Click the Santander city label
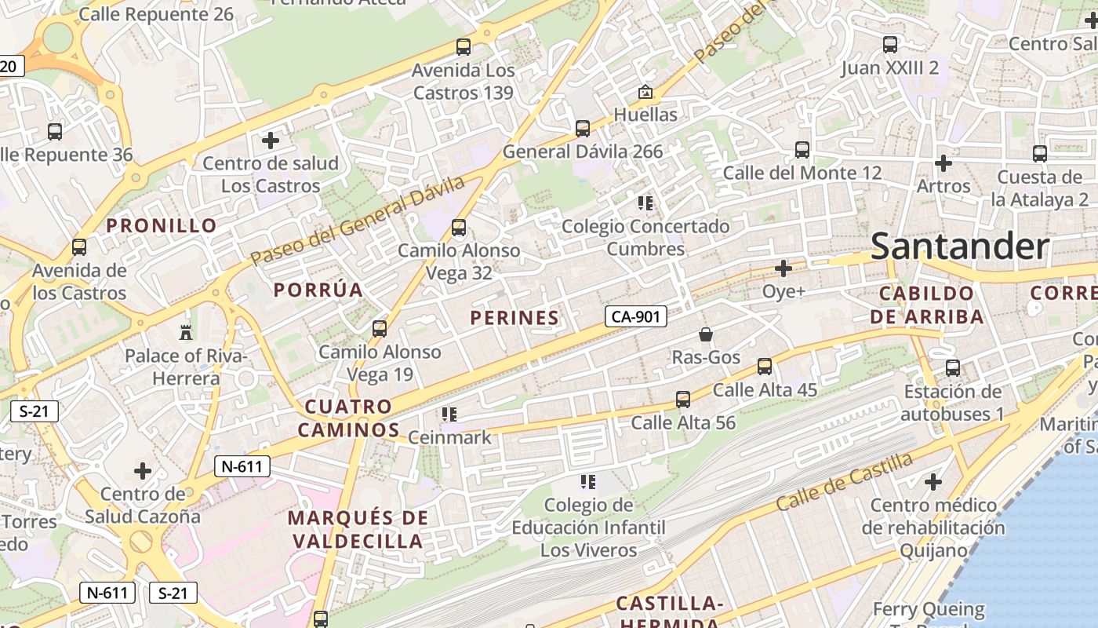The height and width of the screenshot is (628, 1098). coord(959,246)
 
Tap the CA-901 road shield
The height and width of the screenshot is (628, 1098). coord(636,316)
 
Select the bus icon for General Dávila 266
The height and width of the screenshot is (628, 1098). coord(583,128)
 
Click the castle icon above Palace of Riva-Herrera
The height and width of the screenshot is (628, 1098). coord(186,332)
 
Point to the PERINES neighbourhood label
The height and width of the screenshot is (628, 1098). coord(514,318)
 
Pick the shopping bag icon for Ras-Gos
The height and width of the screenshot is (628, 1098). coord(706,334)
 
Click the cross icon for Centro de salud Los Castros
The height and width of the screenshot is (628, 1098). coord(271,141)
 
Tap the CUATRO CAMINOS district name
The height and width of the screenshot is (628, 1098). coord(348,418)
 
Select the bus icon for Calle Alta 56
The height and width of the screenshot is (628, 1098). coord(683,400)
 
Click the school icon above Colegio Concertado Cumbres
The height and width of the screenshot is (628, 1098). coord(645,203)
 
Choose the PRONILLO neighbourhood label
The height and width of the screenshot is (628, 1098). coord(162,226)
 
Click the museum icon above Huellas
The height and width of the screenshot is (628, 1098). coord(645,92)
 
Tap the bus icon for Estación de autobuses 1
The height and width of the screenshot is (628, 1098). coord(953,367)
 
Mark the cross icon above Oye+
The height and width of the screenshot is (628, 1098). coord(783,268)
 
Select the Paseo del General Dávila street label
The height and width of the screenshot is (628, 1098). coord(358,221)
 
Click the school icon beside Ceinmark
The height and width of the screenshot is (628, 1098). coord(449,414)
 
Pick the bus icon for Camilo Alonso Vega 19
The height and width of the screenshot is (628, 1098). coord(380,328)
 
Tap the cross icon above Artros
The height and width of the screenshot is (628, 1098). coord(943,163)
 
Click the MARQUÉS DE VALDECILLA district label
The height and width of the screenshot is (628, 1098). coord(358,530)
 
